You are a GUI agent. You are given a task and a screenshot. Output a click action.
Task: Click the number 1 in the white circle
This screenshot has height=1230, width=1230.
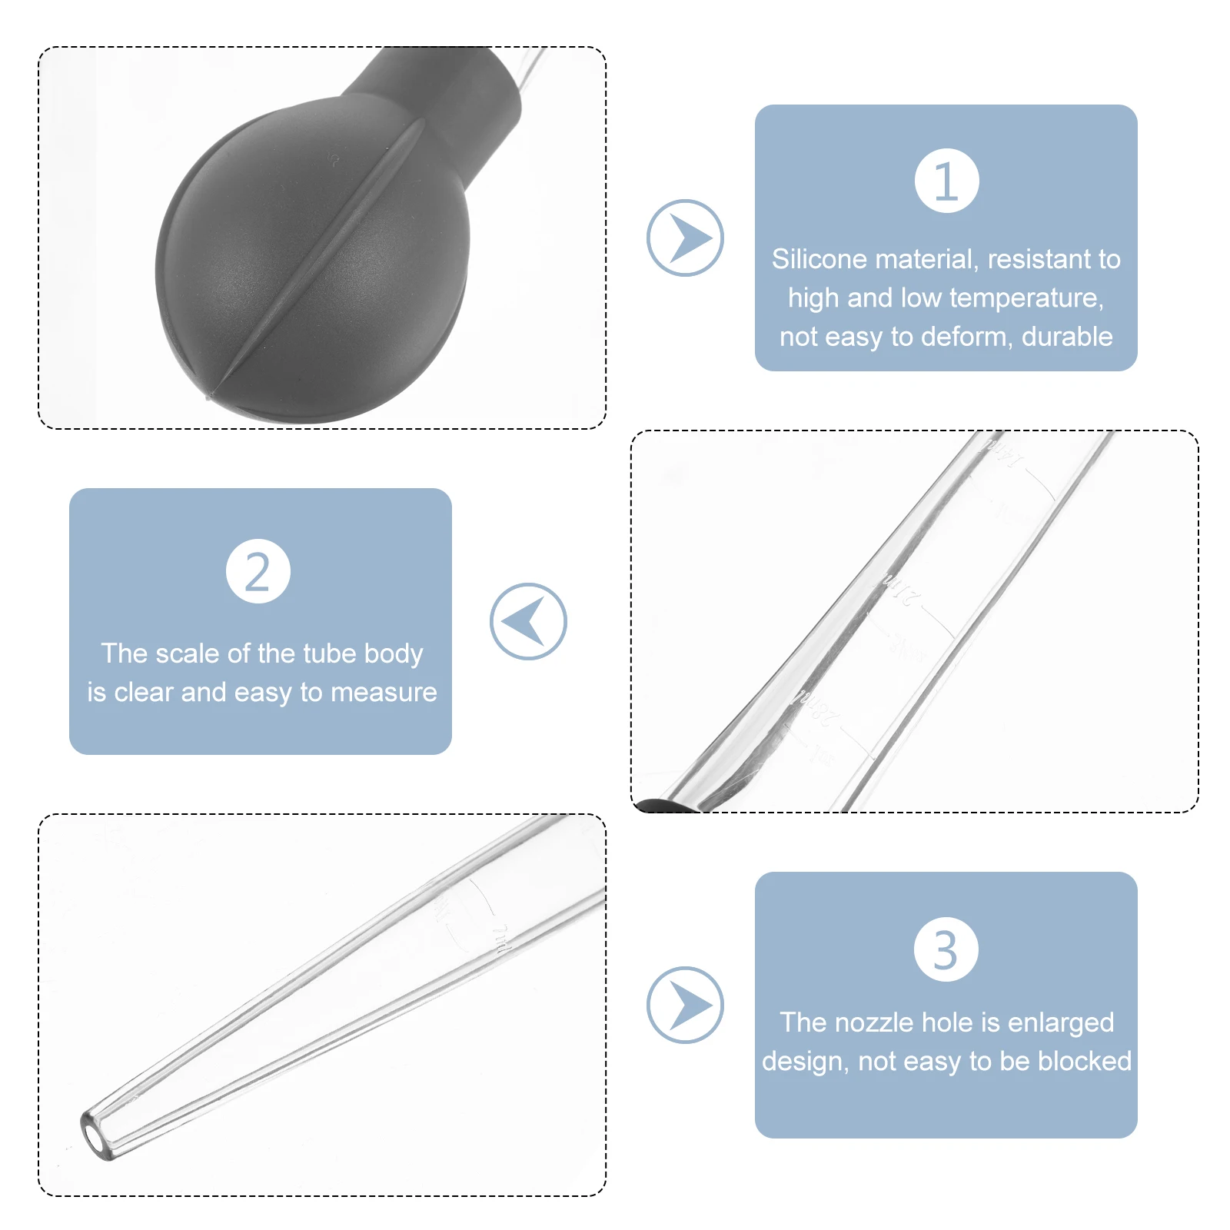[x=946, y=181]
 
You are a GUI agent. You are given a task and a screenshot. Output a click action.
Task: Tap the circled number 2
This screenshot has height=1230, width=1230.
[x=258, y=571]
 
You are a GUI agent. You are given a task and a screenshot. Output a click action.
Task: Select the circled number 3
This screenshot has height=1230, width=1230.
[x=946, y=949]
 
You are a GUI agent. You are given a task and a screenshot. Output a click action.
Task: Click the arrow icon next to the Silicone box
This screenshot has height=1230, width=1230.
[x=685, y=238]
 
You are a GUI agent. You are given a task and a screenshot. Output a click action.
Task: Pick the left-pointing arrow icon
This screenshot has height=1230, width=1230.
[x=528, y=621]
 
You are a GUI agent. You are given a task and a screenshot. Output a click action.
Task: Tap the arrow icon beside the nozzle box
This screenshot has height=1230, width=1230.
[x=685, y=1005]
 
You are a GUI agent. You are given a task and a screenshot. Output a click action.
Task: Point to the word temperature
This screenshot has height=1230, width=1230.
[x=1026, y=298]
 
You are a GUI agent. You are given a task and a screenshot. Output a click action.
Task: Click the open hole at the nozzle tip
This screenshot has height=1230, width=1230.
[x=95, y=1135]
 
